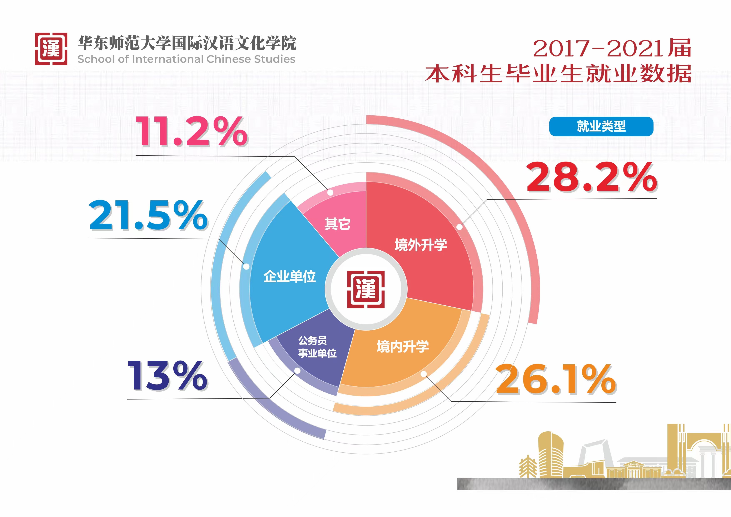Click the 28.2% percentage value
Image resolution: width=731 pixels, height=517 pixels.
[592, 177]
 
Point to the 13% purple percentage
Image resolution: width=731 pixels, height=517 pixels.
[168, 376]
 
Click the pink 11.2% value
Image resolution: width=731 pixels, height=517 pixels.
[192, 131]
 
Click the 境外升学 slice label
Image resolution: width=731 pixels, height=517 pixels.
[421, 245]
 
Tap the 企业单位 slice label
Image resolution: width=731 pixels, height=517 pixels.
[289, 276]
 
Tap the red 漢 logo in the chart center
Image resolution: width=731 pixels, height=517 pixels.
[366, 289]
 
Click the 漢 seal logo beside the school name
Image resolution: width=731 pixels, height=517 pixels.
[51, 49]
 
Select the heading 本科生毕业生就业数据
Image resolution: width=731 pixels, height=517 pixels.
[559, 74]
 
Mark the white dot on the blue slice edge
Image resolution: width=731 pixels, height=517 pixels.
[246, 266]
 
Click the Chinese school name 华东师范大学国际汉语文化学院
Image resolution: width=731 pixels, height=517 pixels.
[187, 43]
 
